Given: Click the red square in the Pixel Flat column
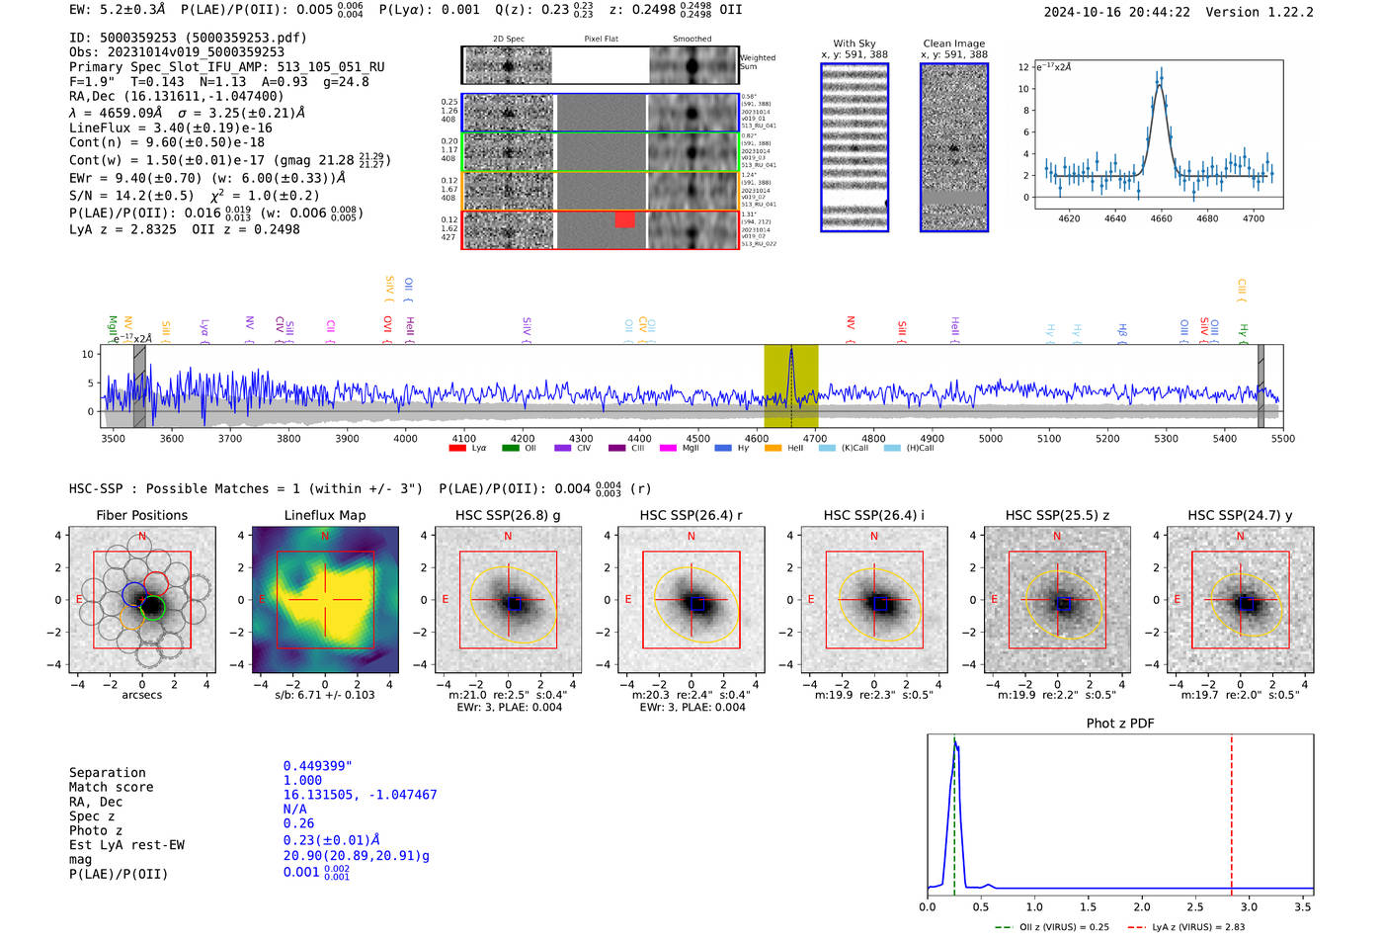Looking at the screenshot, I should point(624,219).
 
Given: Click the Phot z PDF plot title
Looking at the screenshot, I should point(1120,724).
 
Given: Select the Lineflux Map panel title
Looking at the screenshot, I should point(324,515).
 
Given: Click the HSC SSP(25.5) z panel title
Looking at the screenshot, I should point(1057,515).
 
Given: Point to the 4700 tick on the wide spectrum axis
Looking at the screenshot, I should point(815,438).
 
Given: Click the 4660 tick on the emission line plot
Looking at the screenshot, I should point(1161,218).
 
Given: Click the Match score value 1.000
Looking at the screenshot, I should point(302,780).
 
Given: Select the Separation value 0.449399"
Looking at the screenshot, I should point(317,766).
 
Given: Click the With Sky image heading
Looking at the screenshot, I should point(854,43).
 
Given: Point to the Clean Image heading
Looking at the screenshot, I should point(953,43).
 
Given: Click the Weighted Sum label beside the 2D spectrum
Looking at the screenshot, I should point(758,62).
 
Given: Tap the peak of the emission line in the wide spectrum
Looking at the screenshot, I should point(790,352).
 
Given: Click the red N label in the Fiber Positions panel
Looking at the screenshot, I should point(142,536).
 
